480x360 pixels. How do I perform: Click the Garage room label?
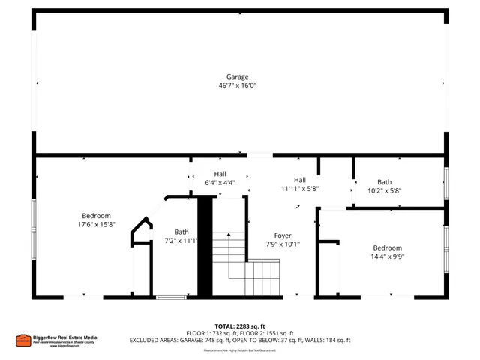tap(238, 76)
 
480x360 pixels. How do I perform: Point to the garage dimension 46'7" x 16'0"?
tap(238, 85)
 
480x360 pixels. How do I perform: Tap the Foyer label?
tap(282, 235)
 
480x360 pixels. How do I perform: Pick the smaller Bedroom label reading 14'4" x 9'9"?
tap(388, 247)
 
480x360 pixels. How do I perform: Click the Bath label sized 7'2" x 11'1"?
tap(181, 232)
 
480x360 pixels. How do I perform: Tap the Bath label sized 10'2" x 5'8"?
tap(384, 182)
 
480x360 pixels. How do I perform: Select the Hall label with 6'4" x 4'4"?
tap(220, 174)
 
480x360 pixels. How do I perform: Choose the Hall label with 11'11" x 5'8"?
tap(300, 180)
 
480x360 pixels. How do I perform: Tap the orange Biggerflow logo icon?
tap(22, 340)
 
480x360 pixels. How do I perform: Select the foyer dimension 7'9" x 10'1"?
tap(282, 244)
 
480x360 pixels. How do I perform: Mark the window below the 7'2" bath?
tap(171, 298)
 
